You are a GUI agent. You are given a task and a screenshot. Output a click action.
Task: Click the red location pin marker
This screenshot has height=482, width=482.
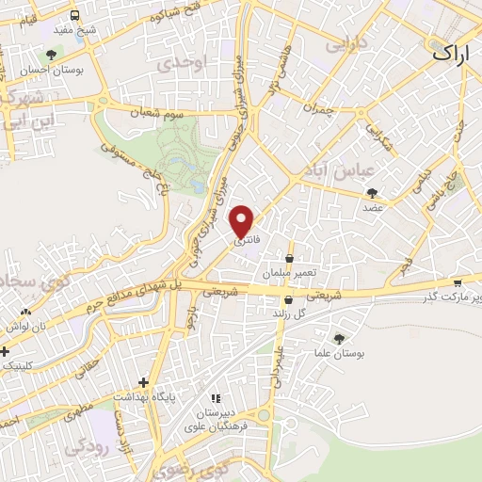point(243,220)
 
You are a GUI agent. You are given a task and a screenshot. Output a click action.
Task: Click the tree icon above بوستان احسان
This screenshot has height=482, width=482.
point(50,55)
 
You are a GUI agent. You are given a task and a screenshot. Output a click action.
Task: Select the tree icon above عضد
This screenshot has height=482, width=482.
point(373,192)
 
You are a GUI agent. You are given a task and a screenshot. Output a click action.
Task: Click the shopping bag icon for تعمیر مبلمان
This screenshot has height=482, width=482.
point(288,258)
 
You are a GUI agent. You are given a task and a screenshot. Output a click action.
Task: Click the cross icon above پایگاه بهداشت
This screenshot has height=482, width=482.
point(142,382)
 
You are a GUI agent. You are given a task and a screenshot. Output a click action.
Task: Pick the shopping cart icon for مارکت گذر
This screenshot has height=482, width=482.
point(458,282)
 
